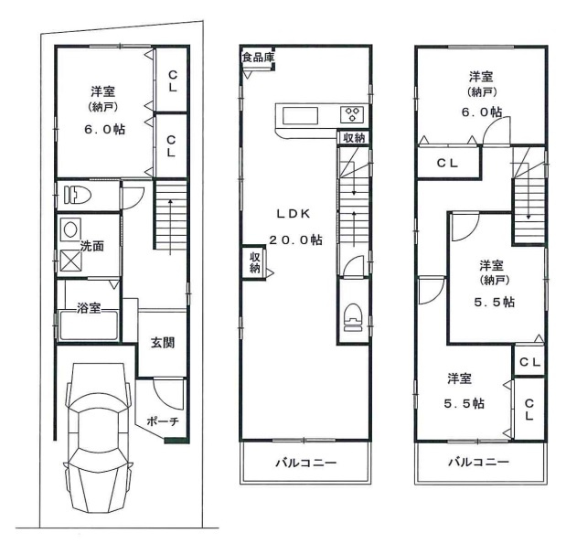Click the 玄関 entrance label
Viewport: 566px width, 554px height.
163,343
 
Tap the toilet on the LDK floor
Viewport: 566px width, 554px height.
351,317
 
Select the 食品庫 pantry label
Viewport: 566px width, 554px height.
257,58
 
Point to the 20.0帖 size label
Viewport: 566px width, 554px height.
294,240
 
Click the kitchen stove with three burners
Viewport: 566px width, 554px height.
351,115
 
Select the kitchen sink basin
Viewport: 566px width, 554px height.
299,116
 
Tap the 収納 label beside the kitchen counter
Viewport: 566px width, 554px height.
354,138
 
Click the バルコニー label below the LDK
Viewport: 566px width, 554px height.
306,463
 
